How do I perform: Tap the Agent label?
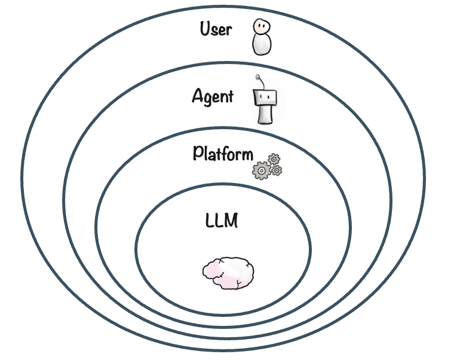(x=213, y=96)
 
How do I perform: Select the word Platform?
(x=222, y=153)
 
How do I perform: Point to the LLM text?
(x=221, y=221)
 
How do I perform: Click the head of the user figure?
(x=260, y=26)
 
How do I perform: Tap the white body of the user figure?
(x=261, y=45)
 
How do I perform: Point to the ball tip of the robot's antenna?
(x=258, y=77)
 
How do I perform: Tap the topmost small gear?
(x=274, y=159)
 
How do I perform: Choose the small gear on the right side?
(x=277, y=170)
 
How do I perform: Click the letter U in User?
(x=204, y=29)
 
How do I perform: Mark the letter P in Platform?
(x=198, y=153)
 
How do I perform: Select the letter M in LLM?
(x=231, y=221)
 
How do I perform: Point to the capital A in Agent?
(x=198, y=96)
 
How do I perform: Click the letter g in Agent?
(x=209, y=99)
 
